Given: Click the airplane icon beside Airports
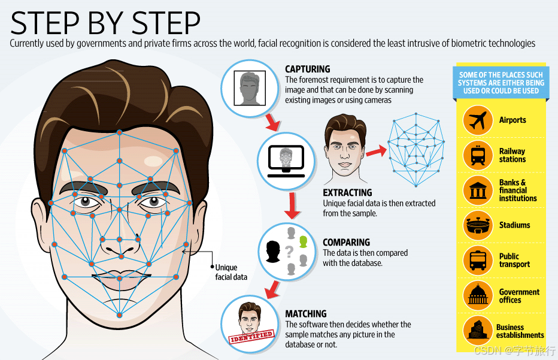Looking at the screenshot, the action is coord(478,120).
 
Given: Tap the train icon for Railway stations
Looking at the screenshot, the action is coord(478,155).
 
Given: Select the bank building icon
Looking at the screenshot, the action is coord(478,190).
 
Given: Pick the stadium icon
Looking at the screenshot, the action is coord(478,225).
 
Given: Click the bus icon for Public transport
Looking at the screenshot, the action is coord(478,260).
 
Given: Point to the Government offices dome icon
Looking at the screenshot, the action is coord(478,295).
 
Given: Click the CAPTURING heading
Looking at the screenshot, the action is coord(307,69).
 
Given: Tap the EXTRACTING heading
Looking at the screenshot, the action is coord(347,193).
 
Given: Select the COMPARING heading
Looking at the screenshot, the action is coord(346,243).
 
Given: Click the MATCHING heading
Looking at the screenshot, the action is coord(305,314).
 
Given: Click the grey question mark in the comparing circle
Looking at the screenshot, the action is coord(290,252).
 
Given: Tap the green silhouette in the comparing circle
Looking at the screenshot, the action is coord(303,241).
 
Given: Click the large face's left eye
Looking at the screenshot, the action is coord(90,202).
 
